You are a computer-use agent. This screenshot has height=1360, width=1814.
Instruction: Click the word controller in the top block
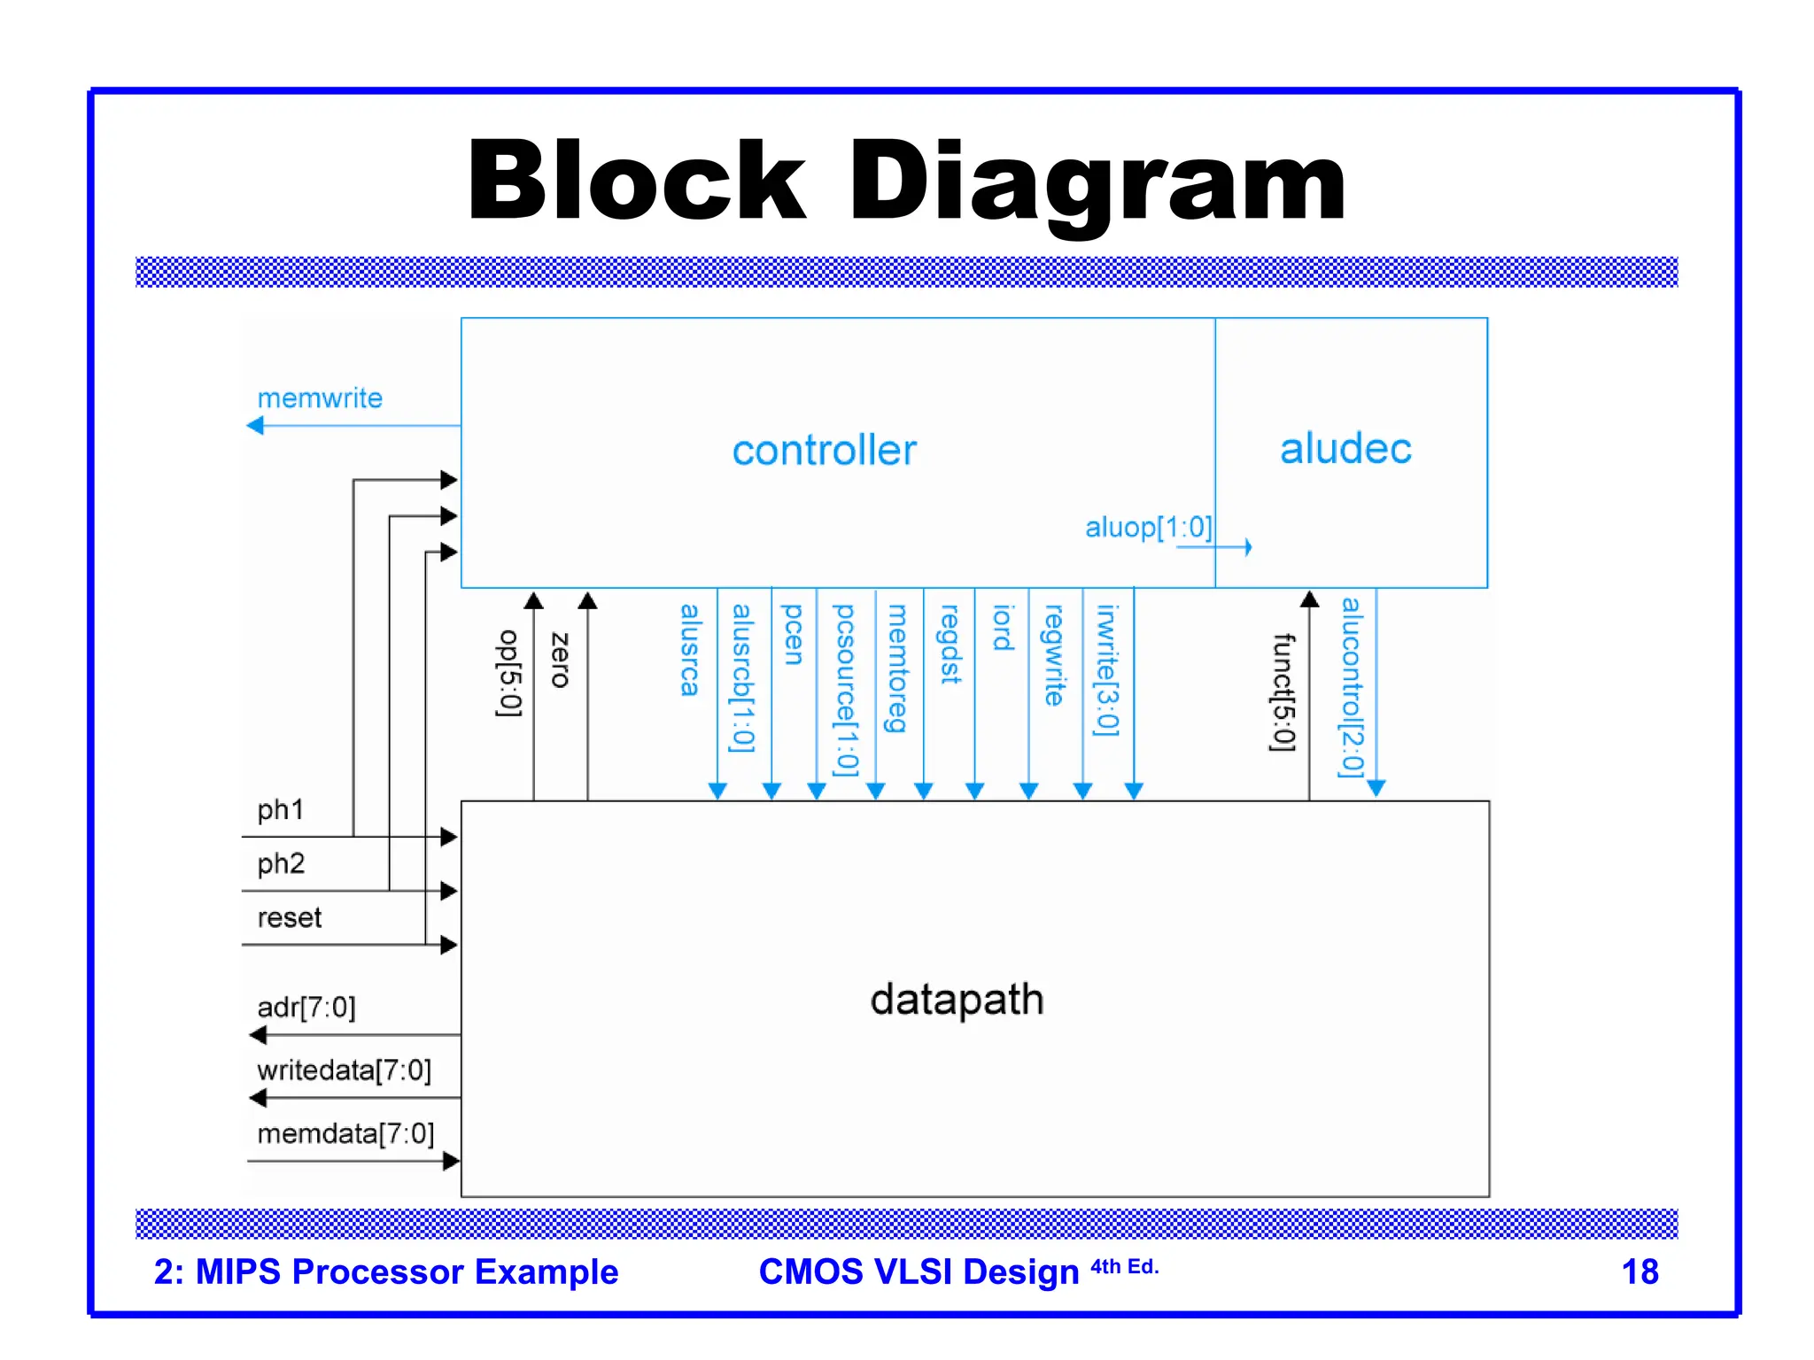click(x=824, y=451)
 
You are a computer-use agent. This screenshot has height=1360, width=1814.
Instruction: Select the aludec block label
click(x=1345, y=449)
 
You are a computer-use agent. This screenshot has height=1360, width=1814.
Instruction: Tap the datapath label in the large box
click(x=957, y=1000)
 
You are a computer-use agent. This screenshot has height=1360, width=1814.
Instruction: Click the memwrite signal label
click(x=320, y=398)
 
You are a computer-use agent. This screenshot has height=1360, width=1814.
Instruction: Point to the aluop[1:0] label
click(x=1148, y=528)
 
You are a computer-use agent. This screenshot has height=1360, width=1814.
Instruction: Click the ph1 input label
click(x=280, y=809)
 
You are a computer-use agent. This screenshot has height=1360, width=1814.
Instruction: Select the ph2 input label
click(x=281, y=863)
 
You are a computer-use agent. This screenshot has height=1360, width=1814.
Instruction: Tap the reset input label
click(x=289, y=917)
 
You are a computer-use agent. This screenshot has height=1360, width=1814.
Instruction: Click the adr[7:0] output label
click(x=306, y=1008)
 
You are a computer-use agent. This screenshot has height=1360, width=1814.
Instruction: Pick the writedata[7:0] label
click(x=344, y=1070)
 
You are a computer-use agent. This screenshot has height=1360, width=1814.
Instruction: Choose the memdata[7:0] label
click(x=345, y=1134)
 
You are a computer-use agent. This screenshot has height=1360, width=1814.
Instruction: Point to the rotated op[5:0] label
click(x=509, y=673)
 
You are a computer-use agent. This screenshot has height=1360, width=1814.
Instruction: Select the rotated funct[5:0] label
click(x=1283, y=692)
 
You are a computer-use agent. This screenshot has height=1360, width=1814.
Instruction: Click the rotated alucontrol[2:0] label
click(x=1352, y=687)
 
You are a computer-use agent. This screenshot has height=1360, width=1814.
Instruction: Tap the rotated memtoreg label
click(x=897, y=668)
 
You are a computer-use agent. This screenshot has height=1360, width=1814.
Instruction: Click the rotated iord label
click(x=1002, y=628)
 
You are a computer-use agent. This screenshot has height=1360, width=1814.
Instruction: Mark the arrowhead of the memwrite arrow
click(x=255, y=426)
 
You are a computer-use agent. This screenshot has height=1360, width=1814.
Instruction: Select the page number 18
click(x=1639, y=1272)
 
